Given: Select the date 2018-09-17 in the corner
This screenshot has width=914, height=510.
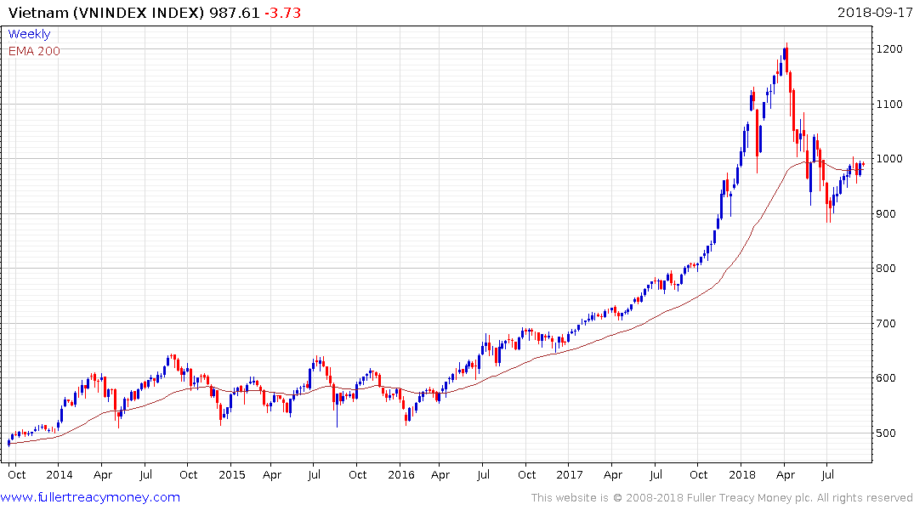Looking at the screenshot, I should pos(873,13).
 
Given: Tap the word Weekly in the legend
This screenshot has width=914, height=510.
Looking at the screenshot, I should pos(29,35).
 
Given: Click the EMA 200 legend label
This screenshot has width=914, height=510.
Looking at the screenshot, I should pos(34,51).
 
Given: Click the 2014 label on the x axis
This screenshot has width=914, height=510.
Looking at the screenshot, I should pos(60,474).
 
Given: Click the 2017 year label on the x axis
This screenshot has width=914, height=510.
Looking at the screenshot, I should pos(571,474).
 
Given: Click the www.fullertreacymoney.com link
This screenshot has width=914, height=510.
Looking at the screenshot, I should pos(91,497).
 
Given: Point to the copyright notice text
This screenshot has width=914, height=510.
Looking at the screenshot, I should pos(723,498).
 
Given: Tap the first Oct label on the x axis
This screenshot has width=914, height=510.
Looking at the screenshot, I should pos(17,474).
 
